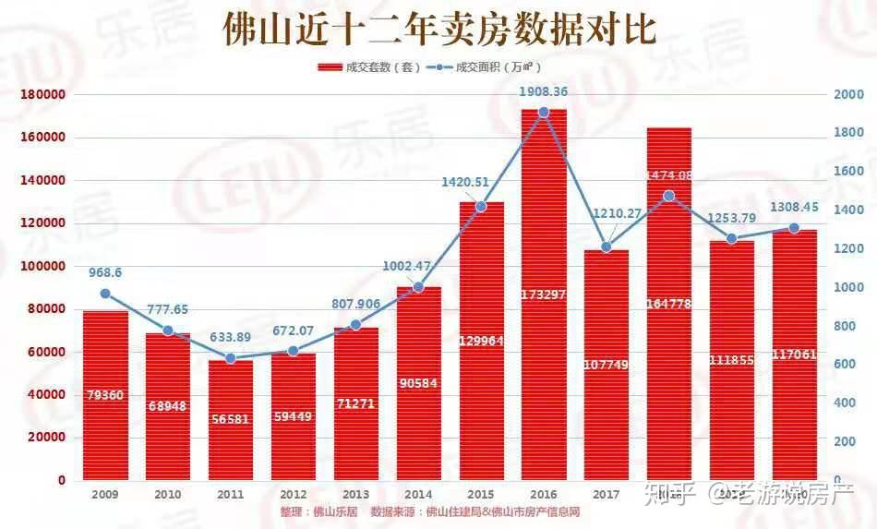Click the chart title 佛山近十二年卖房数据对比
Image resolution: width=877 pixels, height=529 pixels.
pyautogui.click(x=439, y=30)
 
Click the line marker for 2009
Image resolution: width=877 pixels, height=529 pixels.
pyautogui.click(x=105, y=294)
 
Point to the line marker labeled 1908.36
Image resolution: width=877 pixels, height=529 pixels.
pyautogui.click(x=544, y=112)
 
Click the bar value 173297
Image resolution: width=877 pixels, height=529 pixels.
pyautogui.click(x=544, y=295)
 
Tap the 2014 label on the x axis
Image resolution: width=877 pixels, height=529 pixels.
pyautogui.click(x=418, y=495)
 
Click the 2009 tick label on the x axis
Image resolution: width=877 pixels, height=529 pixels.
pyautogui.click(x=105, y=495)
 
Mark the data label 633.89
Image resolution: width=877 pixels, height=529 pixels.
pyautogui.click(x=230, y=336)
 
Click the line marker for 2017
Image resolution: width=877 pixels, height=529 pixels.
pyautogui.click(x=607, y=247)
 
